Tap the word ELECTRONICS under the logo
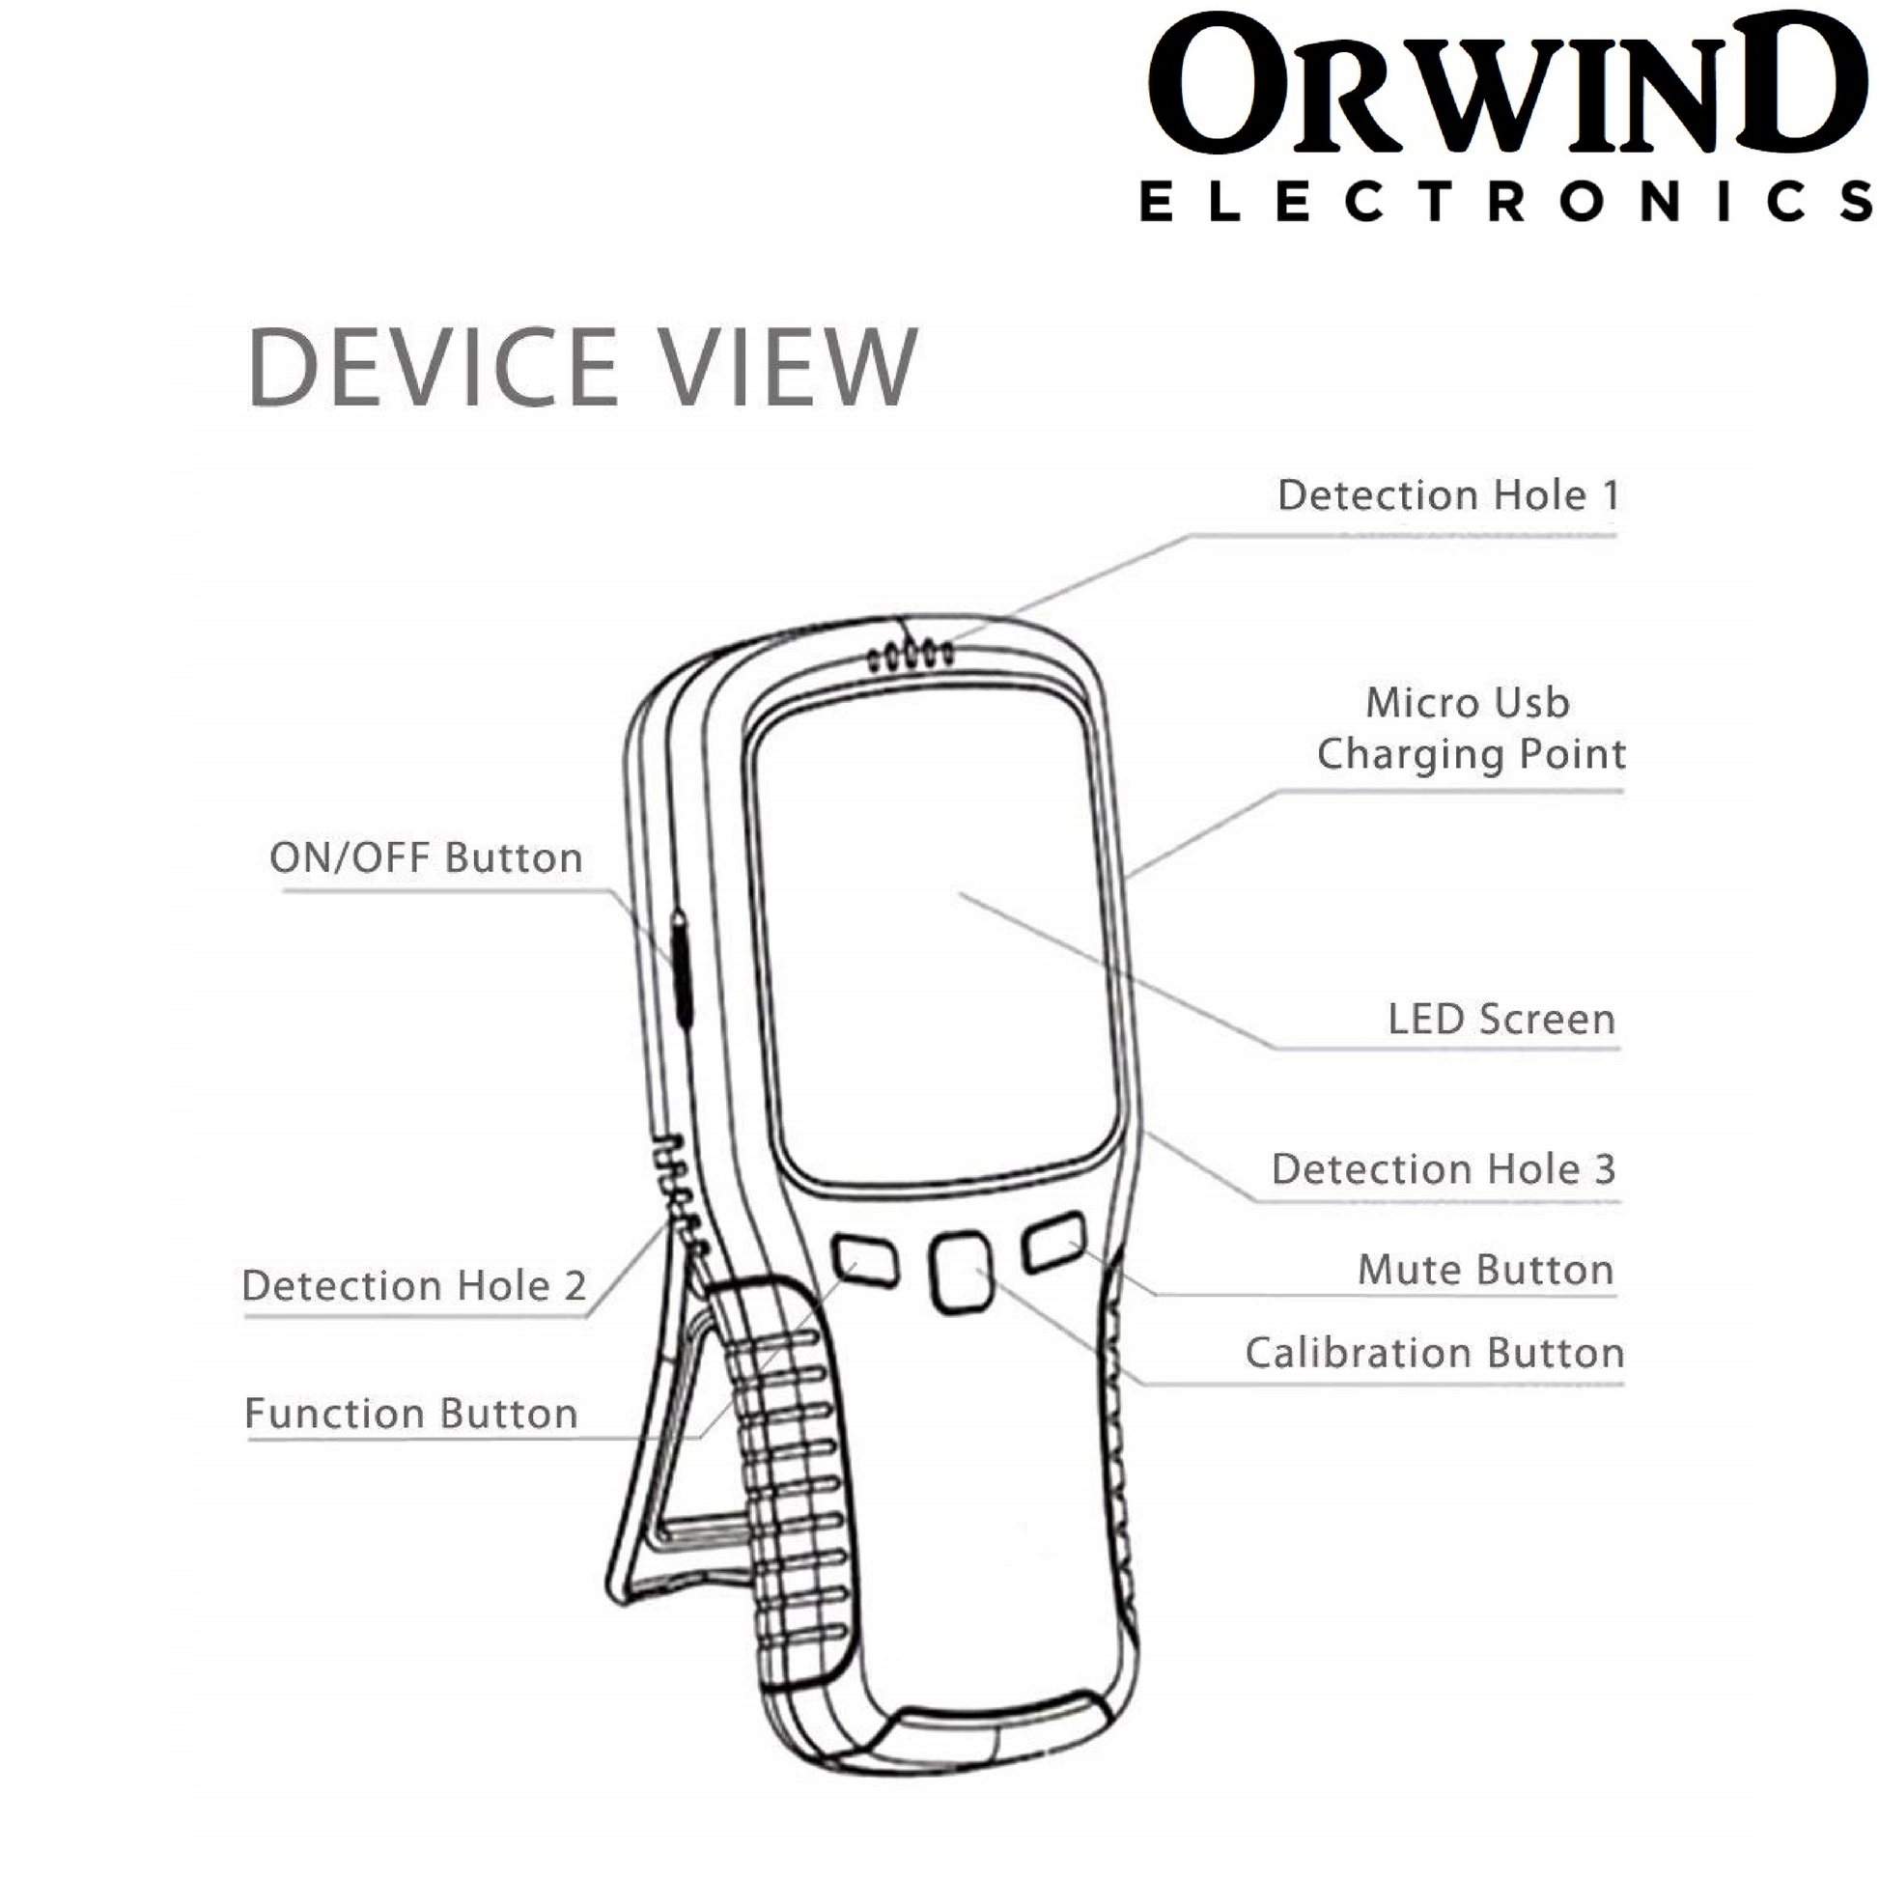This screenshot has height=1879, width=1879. click(1505, 203)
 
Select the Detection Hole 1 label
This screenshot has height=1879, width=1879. click(1447, 496)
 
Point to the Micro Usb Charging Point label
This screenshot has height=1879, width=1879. click(1470, 728)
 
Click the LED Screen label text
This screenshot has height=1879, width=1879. click(1500, 1020)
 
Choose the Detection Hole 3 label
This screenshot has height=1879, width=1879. click(1444, 1169)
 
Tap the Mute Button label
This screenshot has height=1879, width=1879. click(1485, 1270)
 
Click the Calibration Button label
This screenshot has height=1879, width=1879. click(1435, 1353)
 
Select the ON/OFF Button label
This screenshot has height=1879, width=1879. click(426, 857)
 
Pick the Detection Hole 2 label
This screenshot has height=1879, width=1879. click(414, 1286)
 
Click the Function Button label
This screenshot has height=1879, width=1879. click(411, 1415)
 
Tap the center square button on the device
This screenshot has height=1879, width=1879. click(961, 1271)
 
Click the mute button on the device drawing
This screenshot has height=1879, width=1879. click(1054, 1242)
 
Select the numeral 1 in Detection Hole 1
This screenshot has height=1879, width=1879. click(1611, 496)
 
